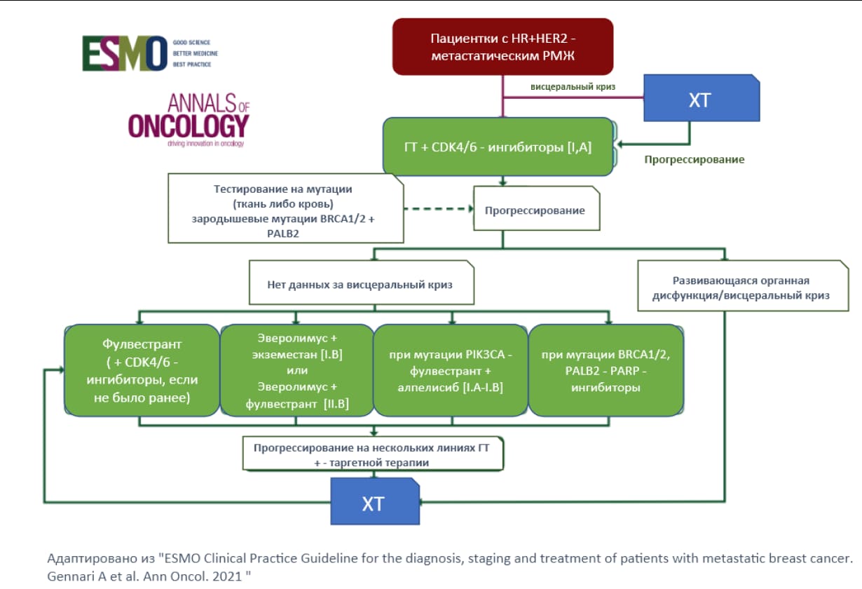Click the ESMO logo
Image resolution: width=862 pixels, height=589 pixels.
click(150, 53)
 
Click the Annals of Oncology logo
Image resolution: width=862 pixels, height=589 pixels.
click(189, 120)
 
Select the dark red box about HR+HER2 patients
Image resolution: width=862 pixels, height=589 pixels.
click(502, 46)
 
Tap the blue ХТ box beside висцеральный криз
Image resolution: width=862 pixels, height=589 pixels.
click(702, 98)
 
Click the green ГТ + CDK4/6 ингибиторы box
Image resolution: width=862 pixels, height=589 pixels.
click(498, 147)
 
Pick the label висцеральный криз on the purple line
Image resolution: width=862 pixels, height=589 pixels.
click(573, 87)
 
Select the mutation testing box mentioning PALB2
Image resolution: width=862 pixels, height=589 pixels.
click(285, 208)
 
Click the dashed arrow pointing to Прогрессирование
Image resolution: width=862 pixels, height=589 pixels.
click(439, 209)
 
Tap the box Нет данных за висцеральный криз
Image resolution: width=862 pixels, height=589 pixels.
click(362, 282)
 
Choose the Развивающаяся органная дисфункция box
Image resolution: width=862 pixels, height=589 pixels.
click(743, 285)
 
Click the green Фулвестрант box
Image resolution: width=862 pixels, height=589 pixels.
click(142, 370)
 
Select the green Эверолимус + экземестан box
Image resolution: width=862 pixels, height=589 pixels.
click(296, 370)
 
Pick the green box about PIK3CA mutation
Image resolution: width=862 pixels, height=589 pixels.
click(450, 370)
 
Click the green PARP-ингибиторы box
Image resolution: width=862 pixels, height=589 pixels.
click(606, 370)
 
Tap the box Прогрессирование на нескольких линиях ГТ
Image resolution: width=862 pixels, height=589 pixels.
click(373, 454)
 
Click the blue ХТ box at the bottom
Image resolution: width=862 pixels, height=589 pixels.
click(375, 501)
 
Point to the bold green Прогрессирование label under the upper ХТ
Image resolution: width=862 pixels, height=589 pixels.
click(695, 159)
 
